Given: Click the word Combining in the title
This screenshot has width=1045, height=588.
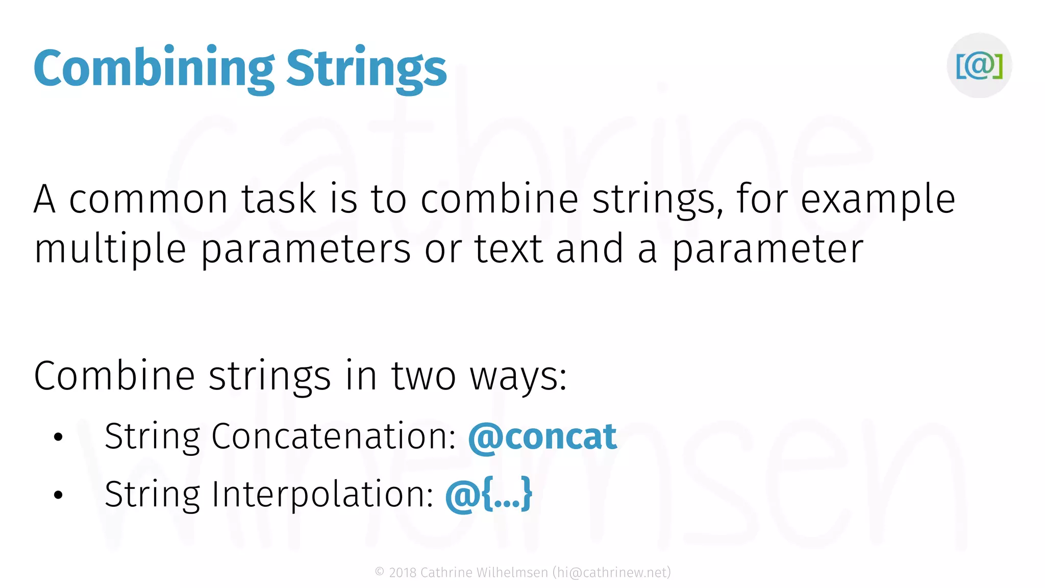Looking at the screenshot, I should pyautogui.click(x=153, y=69).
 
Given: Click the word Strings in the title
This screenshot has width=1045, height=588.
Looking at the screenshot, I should pyautogui.click(x=366, y=69).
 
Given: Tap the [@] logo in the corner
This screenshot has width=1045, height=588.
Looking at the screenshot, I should pyautogui.click(x=979, y=65).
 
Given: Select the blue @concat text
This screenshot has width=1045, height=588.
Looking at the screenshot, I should pyautogui.click(x=542, y=437).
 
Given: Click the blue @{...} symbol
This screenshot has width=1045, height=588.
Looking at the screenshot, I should pyautogui.click(x=488, y=495).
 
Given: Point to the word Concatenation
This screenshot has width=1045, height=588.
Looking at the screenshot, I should pyautogui.click(x=333, y=437).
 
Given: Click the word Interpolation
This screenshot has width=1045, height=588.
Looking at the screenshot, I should pyautogui.click(x=322, y=495).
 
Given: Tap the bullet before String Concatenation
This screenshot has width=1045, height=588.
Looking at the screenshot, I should pyautogui.click(x=58, y=437).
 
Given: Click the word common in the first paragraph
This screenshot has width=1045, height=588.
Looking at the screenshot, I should pyautogui.click(x=148, y=200).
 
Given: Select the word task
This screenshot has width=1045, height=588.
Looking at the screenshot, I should pyautogui.click(x=279, y=200).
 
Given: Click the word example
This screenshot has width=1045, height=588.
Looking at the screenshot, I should pyautogui.click(x=878, y=201).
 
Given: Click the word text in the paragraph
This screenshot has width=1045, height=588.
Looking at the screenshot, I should pyautogui.click(x=508, y=249).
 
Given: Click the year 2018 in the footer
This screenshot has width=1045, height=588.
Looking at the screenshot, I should pyautogui.click(x=403, y=573).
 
